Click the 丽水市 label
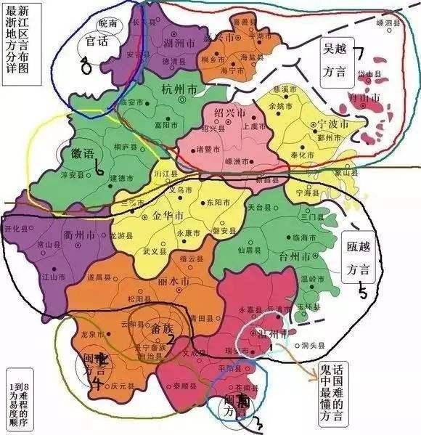pos(174,282)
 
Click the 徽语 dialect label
pos(83,154)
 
